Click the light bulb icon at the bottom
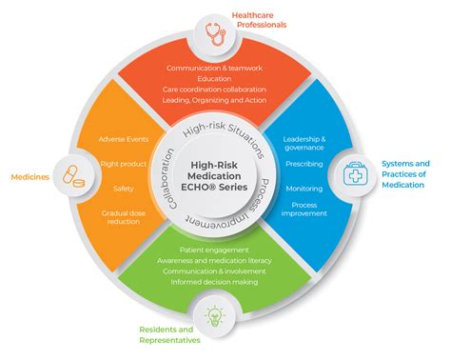215,313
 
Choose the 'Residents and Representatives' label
171,335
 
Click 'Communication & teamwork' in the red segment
215,69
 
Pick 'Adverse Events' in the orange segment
125,140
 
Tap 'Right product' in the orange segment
124,163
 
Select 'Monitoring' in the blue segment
304,188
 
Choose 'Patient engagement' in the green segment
215,250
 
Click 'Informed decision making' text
215,282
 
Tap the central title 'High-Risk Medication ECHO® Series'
215,175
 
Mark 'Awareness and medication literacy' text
215,260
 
